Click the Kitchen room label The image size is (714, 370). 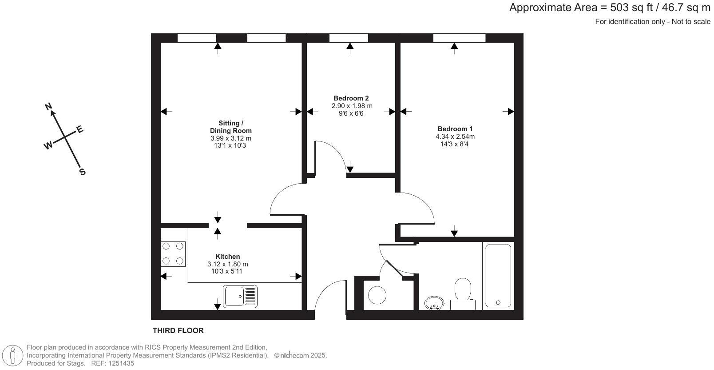[x=227, y=257]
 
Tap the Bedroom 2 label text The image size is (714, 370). [x=351, y=98]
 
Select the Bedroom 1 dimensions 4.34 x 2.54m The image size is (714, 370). [x=455, y=137]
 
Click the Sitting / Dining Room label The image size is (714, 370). [x=230, y=127]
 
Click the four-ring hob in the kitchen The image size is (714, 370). [x=173, y=253]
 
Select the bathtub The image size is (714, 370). [x=498, y=276]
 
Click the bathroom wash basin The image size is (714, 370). [x=434, y=304]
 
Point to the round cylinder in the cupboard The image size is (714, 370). [x=377, y=295]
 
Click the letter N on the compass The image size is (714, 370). [x=49, y=106]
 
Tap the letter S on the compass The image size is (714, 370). [x=82, y=172]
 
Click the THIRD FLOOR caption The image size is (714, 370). [x=178, y=330]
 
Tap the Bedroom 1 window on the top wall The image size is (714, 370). [x=459, y=38]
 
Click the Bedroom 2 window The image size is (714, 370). [x=349, y=38]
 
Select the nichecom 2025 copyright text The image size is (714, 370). [x=300, y=355]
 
